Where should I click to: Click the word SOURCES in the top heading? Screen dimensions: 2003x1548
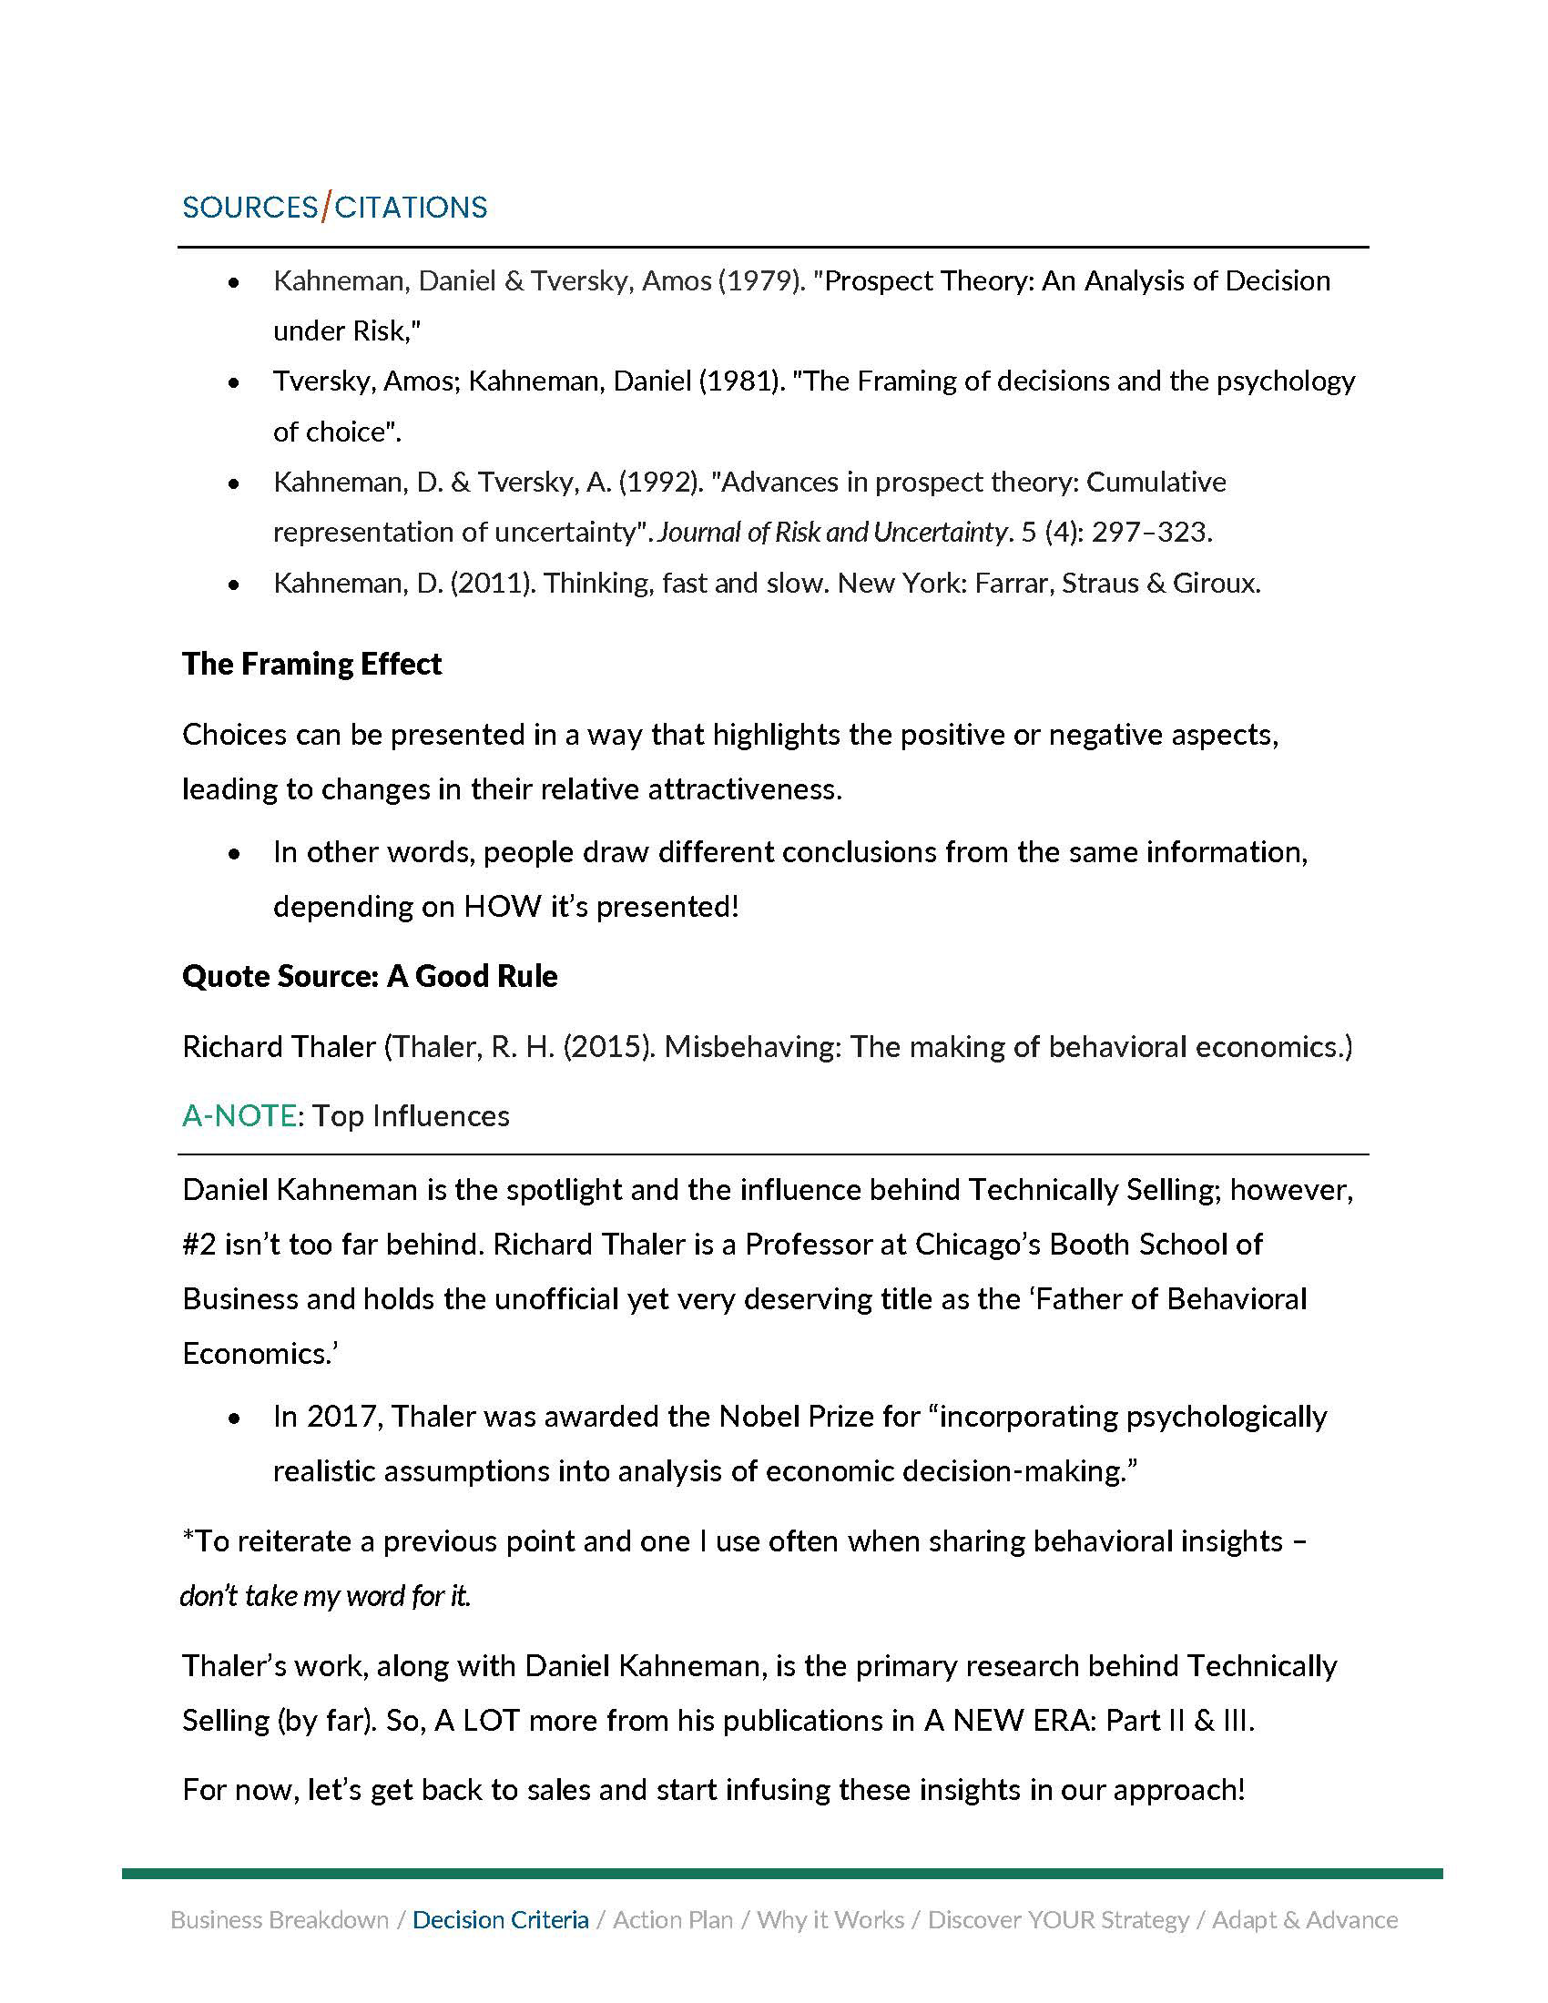[250, 208]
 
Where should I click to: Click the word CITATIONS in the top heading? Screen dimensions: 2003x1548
[411, 208]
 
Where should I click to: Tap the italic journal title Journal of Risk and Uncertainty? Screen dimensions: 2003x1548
[832, 532]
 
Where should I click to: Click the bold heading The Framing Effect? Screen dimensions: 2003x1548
[311, 664]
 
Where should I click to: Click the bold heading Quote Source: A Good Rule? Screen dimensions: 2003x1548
[370, 976]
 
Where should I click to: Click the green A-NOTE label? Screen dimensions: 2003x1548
[239, 1116]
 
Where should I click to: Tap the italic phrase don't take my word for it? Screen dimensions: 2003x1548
[326, 1597]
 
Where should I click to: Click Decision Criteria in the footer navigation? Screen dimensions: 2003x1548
[501, 1920]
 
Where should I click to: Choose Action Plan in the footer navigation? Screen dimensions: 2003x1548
[673, 1920]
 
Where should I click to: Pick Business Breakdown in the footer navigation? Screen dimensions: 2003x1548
[280, 1920]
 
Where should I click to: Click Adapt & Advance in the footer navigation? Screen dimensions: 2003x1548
[1305, 1920]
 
